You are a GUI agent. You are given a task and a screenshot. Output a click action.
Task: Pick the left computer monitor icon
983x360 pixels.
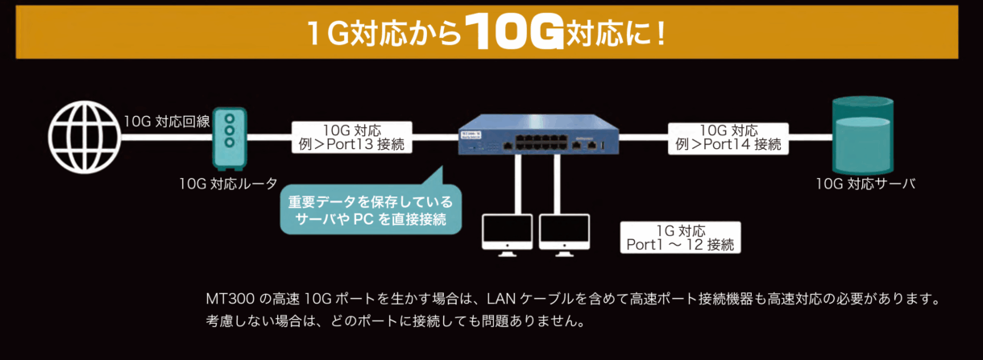(506, 234)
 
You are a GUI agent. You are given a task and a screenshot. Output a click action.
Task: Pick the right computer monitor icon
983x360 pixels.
(564, 234)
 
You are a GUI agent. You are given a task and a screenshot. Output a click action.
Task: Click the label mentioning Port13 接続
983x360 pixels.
(351, 137)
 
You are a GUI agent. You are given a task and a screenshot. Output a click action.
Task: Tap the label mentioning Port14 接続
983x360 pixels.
(728, 137)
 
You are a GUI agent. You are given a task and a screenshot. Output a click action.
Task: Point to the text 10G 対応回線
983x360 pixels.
(165, 122)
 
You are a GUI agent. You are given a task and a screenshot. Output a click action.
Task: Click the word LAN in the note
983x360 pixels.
(502, 299)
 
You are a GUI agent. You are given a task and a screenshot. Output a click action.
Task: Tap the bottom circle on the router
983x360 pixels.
(230, 143)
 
